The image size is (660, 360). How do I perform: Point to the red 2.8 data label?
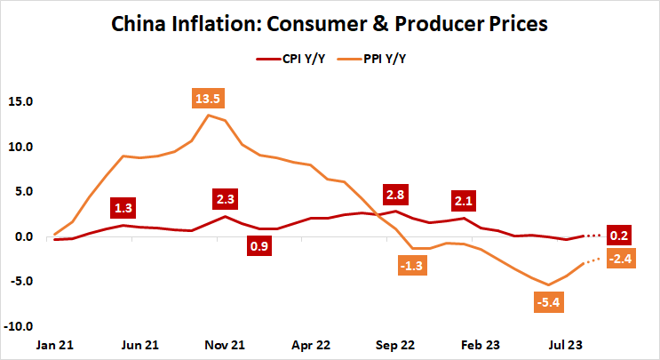pos(394,194)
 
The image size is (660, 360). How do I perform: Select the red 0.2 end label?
pos(621,236)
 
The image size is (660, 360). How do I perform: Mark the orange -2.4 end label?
pos(621,259)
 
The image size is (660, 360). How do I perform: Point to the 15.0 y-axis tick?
pos(19,101)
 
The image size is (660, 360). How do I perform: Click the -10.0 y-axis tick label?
pos(17,326)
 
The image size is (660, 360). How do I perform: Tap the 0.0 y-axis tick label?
pos(21,236)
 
